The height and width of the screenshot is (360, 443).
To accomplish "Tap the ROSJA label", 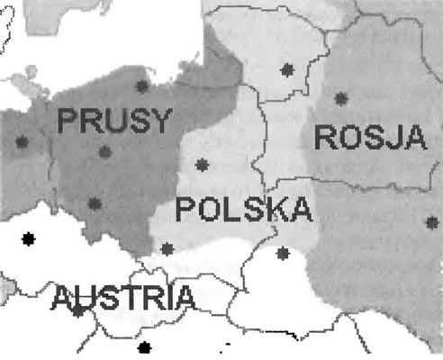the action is point(369,137).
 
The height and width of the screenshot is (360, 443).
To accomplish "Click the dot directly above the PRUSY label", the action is point(141,86).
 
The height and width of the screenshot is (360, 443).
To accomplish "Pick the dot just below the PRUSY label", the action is point(105,152).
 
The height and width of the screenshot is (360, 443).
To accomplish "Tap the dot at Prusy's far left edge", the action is point(22,141).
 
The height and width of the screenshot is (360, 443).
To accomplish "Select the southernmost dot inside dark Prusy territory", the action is point(94,203).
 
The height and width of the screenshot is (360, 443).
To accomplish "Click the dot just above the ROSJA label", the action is point(340,98).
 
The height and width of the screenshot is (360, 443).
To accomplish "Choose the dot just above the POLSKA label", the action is point(201,165).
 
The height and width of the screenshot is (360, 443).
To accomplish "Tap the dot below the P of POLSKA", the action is point(167,247).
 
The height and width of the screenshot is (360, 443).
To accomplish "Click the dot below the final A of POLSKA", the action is point(284,252).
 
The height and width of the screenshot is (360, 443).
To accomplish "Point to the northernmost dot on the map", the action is point(288,68).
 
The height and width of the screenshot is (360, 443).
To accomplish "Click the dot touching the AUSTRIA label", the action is point(77,310).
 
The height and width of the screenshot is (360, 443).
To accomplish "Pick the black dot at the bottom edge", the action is point(142,346).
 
